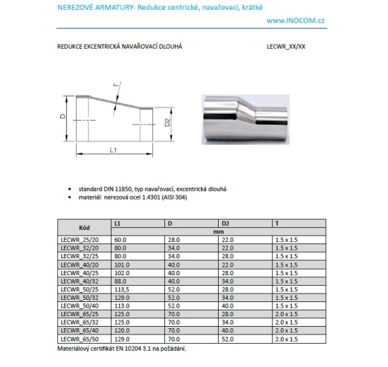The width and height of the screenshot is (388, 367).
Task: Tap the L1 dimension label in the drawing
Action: tap(113, 150)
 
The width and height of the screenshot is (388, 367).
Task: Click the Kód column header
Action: tap(84, 227)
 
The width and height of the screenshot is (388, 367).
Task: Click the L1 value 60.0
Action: tap(120, 240)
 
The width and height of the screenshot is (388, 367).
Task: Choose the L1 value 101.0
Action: tap(121, 265)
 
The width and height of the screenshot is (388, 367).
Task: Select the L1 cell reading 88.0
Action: tap(120, 281)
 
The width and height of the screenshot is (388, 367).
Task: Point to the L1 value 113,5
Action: tap(121, 289)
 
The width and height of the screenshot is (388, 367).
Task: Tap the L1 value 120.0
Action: tap(121, 330)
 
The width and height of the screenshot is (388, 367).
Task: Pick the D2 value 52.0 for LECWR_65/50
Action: tap(227, 339)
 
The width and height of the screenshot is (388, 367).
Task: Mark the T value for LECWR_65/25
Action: tap(285, 314)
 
